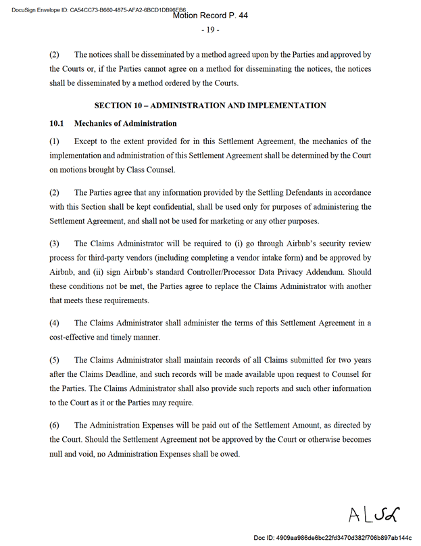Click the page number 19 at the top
pyautogui.click(x=210, y=30)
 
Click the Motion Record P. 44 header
pyautogui.click(x=210, y=15)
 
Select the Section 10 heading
pyautogui.click(x=210, y=106)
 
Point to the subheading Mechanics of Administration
pyautogui.click(x=125, y=124)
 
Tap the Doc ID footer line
pyautogui.click(x=332, y=538)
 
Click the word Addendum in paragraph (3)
pyautogui.click(x=326, y=272)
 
